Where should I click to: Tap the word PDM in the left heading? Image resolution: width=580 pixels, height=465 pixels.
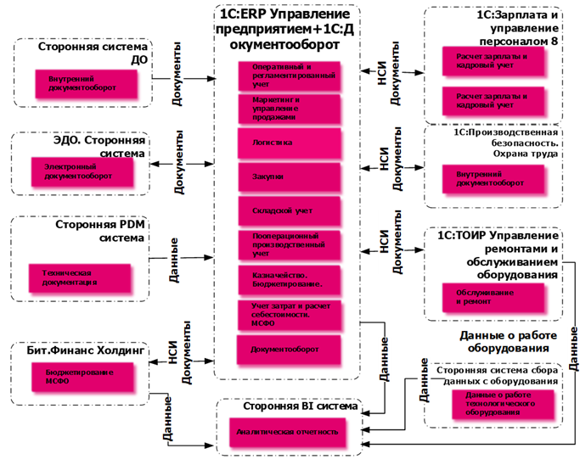(124, 226)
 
